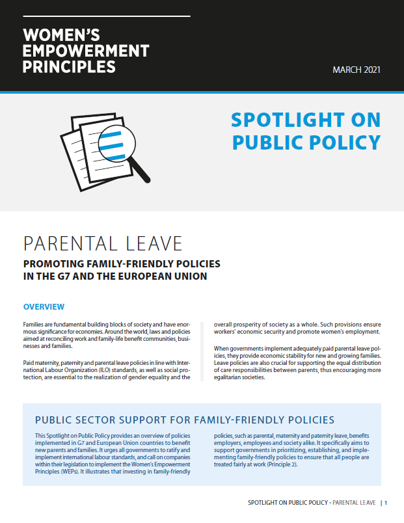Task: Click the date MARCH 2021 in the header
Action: point(357,70)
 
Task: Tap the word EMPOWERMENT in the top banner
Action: point(86,51)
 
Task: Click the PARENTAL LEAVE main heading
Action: point(103,243)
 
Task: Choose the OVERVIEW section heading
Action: point(44,306)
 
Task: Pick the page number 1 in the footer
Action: point(386,502)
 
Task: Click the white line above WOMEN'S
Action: point(106,15)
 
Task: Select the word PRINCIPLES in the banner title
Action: point(70,66)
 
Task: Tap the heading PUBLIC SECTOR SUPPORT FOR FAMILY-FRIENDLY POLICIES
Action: point(185,420)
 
